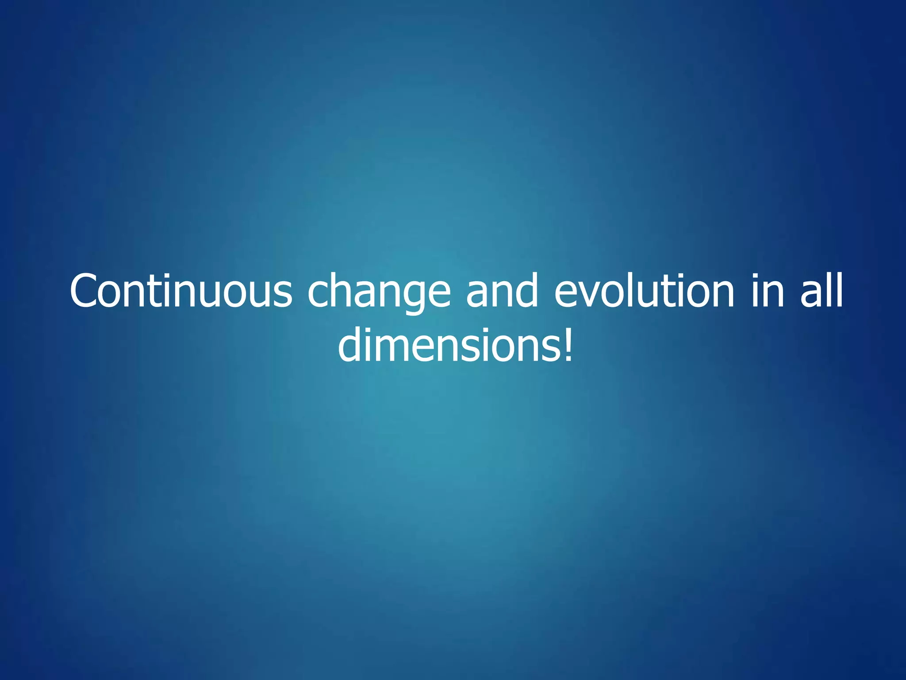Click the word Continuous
(x=181, y=291)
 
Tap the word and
(x=503, y=291)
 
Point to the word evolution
(x=644, y=291)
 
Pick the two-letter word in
(x=768, y=291)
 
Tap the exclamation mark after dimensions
(x=568, y=346)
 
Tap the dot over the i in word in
(x=757, y=277)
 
